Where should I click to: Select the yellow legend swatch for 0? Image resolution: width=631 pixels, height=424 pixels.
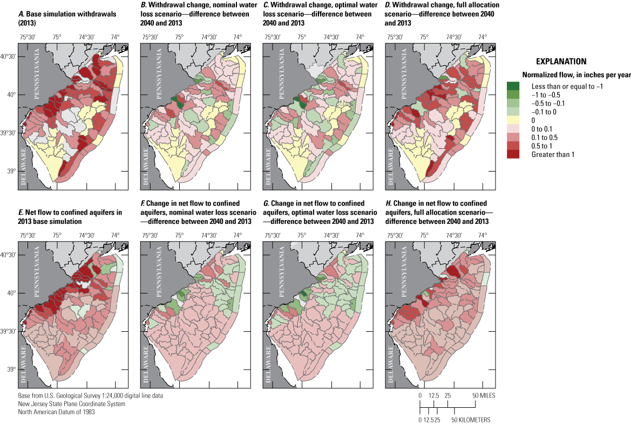[514, 120]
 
